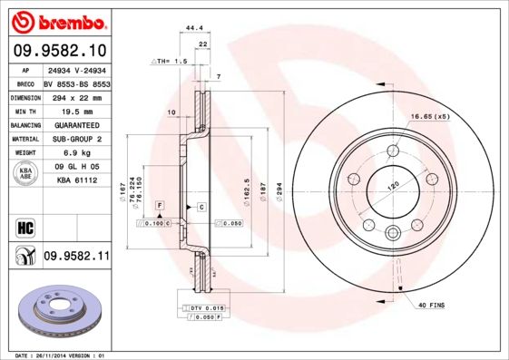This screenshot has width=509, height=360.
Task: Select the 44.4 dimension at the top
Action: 193,29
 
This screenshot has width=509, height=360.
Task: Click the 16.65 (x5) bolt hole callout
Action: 430,116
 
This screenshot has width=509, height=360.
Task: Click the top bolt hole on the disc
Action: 393,151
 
